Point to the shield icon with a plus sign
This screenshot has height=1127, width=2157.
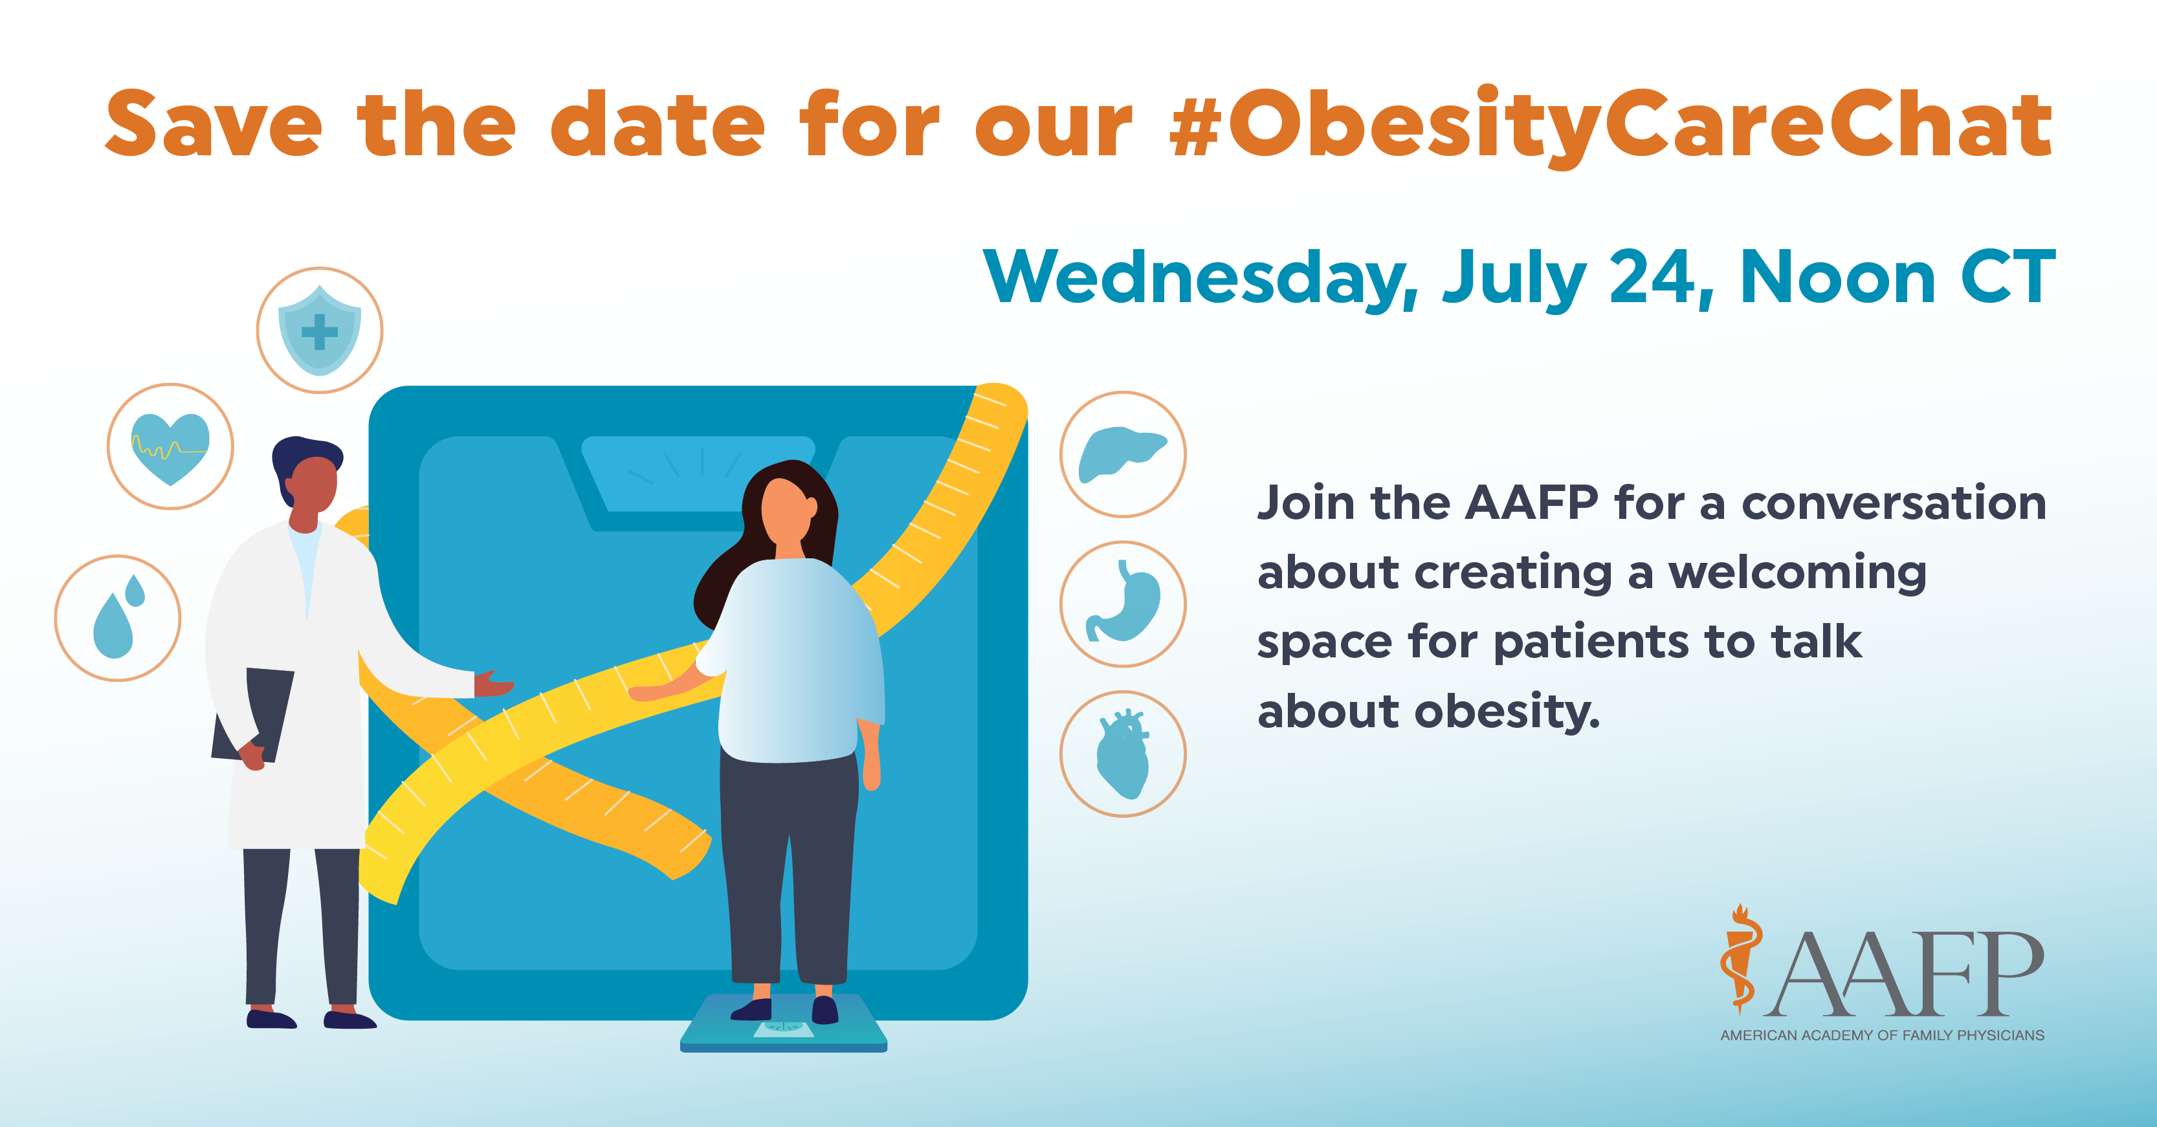click(x=319, y=330)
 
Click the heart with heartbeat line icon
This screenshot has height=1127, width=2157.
click(x=170, y=446)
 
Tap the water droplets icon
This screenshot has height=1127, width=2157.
click(x=117, y=618)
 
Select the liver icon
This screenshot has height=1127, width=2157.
click(x=1122, y=454)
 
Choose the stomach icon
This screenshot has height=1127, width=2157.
click(x=1122, y=604)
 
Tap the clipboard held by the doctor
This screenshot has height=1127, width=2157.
click(x=256, y=712)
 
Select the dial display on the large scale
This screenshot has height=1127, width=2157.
click(x=698, y=473)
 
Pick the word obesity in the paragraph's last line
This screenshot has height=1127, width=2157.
click(x=1507, y=712)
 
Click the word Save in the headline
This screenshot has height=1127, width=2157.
click(x=214, y=126)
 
